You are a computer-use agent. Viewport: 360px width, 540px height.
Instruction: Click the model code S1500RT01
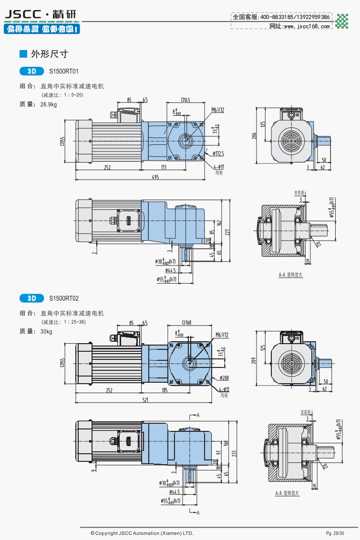[x=64, y=71]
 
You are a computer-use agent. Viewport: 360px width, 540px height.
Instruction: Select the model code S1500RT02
[x=64, y=298]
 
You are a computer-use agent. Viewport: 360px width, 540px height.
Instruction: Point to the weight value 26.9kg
[x=49, y=104]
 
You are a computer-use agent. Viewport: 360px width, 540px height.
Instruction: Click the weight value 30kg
[x=47, y=331]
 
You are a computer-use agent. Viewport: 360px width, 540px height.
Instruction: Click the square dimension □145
[x=185, y=100]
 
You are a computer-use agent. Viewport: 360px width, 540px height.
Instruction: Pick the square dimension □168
[x=186, y=323]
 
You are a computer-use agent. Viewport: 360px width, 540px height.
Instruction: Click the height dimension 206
[x=255, y=136]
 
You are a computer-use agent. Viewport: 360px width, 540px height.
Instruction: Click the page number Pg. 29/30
[x=335, y=533]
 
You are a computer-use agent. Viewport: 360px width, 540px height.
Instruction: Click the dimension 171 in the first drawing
[x=164, y=167]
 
